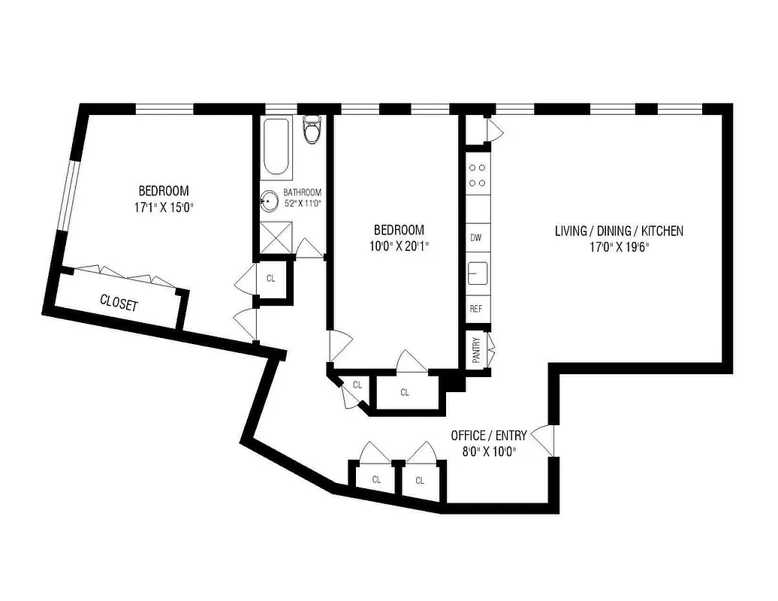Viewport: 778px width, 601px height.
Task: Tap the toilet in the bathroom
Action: point(311,131)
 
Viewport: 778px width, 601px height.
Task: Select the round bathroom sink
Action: point(269,201)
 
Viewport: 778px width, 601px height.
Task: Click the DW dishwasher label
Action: point(475,238)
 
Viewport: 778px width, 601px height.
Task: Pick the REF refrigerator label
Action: point(475,309)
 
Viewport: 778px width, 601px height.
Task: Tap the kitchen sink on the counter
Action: point(477,273)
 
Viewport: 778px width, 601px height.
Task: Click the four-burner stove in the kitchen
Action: point(477,175)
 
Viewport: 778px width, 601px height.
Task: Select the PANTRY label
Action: point(476,350)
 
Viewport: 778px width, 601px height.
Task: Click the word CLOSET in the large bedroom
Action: point(119,304)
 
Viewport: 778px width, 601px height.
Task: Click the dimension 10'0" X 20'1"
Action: point(398,246)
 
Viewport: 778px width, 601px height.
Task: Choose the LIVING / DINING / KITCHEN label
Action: point(619,231)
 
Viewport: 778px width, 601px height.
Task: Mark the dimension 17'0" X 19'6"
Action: point(619,246)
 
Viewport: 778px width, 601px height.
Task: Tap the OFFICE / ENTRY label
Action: point(488,435)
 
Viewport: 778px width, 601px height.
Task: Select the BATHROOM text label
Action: point(302,192)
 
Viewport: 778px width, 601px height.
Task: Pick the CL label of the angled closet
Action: point(357,385)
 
